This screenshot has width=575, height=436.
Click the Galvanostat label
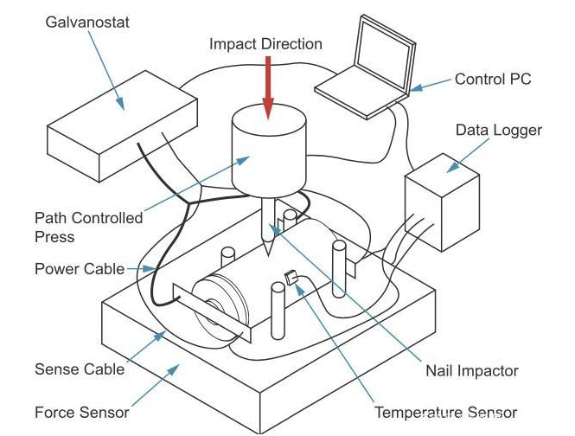coord(86,22)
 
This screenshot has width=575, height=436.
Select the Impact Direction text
coord(265,44)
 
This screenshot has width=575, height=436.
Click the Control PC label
coord(493,80)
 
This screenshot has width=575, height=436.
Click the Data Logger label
coord(498,131)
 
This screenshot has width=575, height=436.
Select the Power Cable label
coord(80,269)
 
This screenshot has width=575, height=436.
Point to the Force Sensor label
coord(81,412)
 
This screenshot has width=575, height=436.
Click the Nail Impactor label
coord(472,370)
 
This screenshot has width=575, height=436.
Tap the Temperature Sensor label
coord(445,413)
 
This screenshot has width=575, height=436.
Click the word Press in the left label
coord(54,236)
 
